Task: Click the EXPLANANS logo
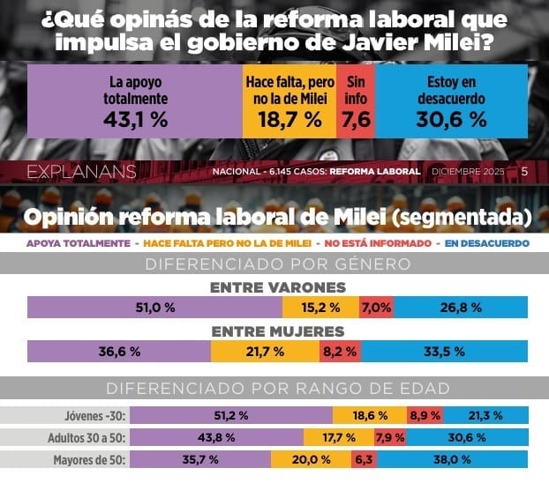click(81, 171)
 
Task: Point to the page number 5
click(524, 171)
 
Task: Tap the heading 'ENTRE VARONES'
click(277, 287)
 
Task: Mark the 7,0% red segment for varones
click(376, 307)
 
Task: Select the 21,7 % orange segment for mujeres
click(265, 351)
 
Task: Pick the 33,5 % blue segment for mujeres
click(444, 351)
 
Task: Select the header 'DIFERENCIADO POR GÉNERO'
click(277, 263)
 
